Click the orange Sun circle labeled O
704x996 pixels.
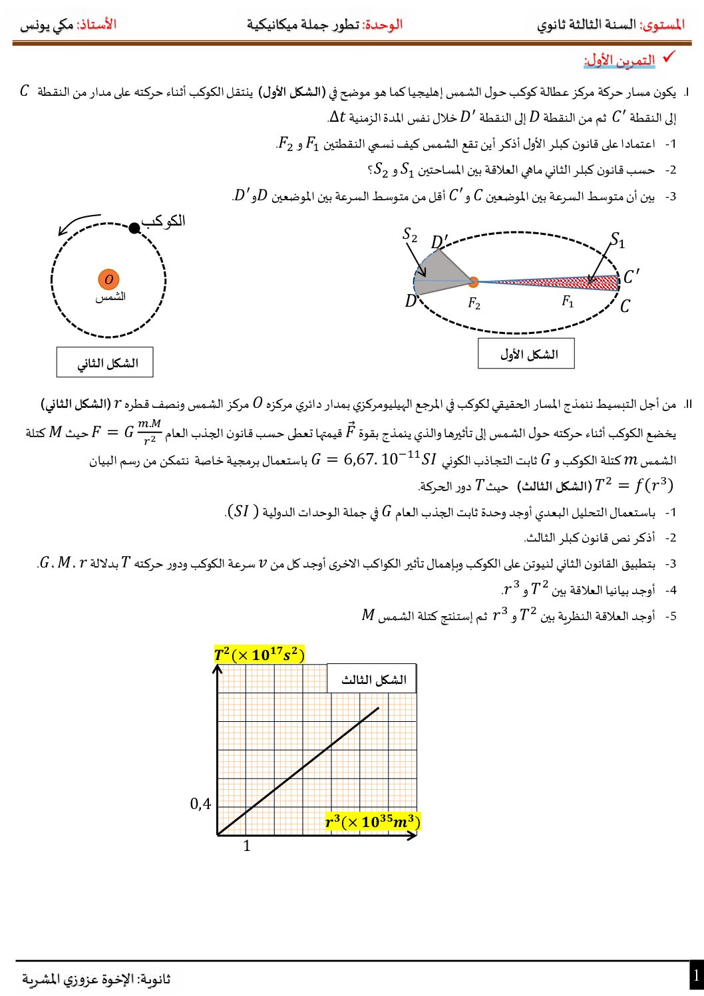[108, 280]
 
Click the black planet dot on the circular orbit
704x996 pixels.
[134, 228]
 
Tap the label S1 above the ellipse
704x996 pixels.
[617, 240]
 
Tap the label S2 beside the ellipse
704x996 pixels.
[410, 235]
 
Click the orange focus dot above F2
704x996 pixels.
[473, 282]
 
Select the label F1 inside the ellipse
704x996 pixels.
[568, 302]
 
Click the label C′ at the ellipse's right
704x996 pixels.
[631, 276]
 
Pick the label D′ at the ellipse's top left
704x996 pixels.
[439, 242]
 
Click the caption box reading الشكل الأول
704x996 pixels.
[526, 353]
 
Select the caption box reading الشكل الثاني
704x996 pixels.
[105, 363]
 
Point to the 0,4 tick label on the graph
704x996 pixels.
[200, 804]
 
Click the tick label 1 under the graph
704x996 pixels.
[247, 846]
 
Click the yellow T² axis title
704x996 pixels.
[259, 655]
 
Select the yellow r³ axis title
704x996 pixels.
[372, 822]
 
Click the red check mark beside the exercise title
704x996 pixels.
[669, 57]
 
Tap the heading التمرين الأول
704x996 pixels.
[619, 61]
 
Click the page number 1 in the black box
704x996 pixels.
[696, 976]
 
